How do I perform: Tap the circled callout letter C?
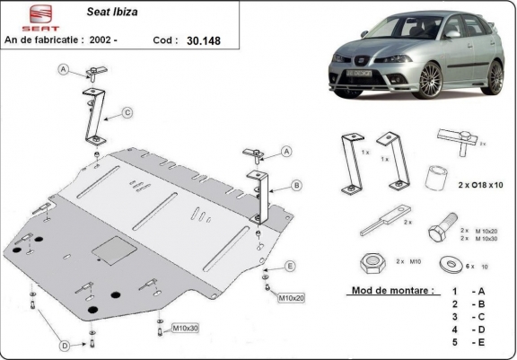coord(127,112)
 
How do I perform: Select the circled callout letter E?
coord(290,266)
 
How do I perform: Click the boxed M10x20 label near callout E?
coord(292,297)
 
